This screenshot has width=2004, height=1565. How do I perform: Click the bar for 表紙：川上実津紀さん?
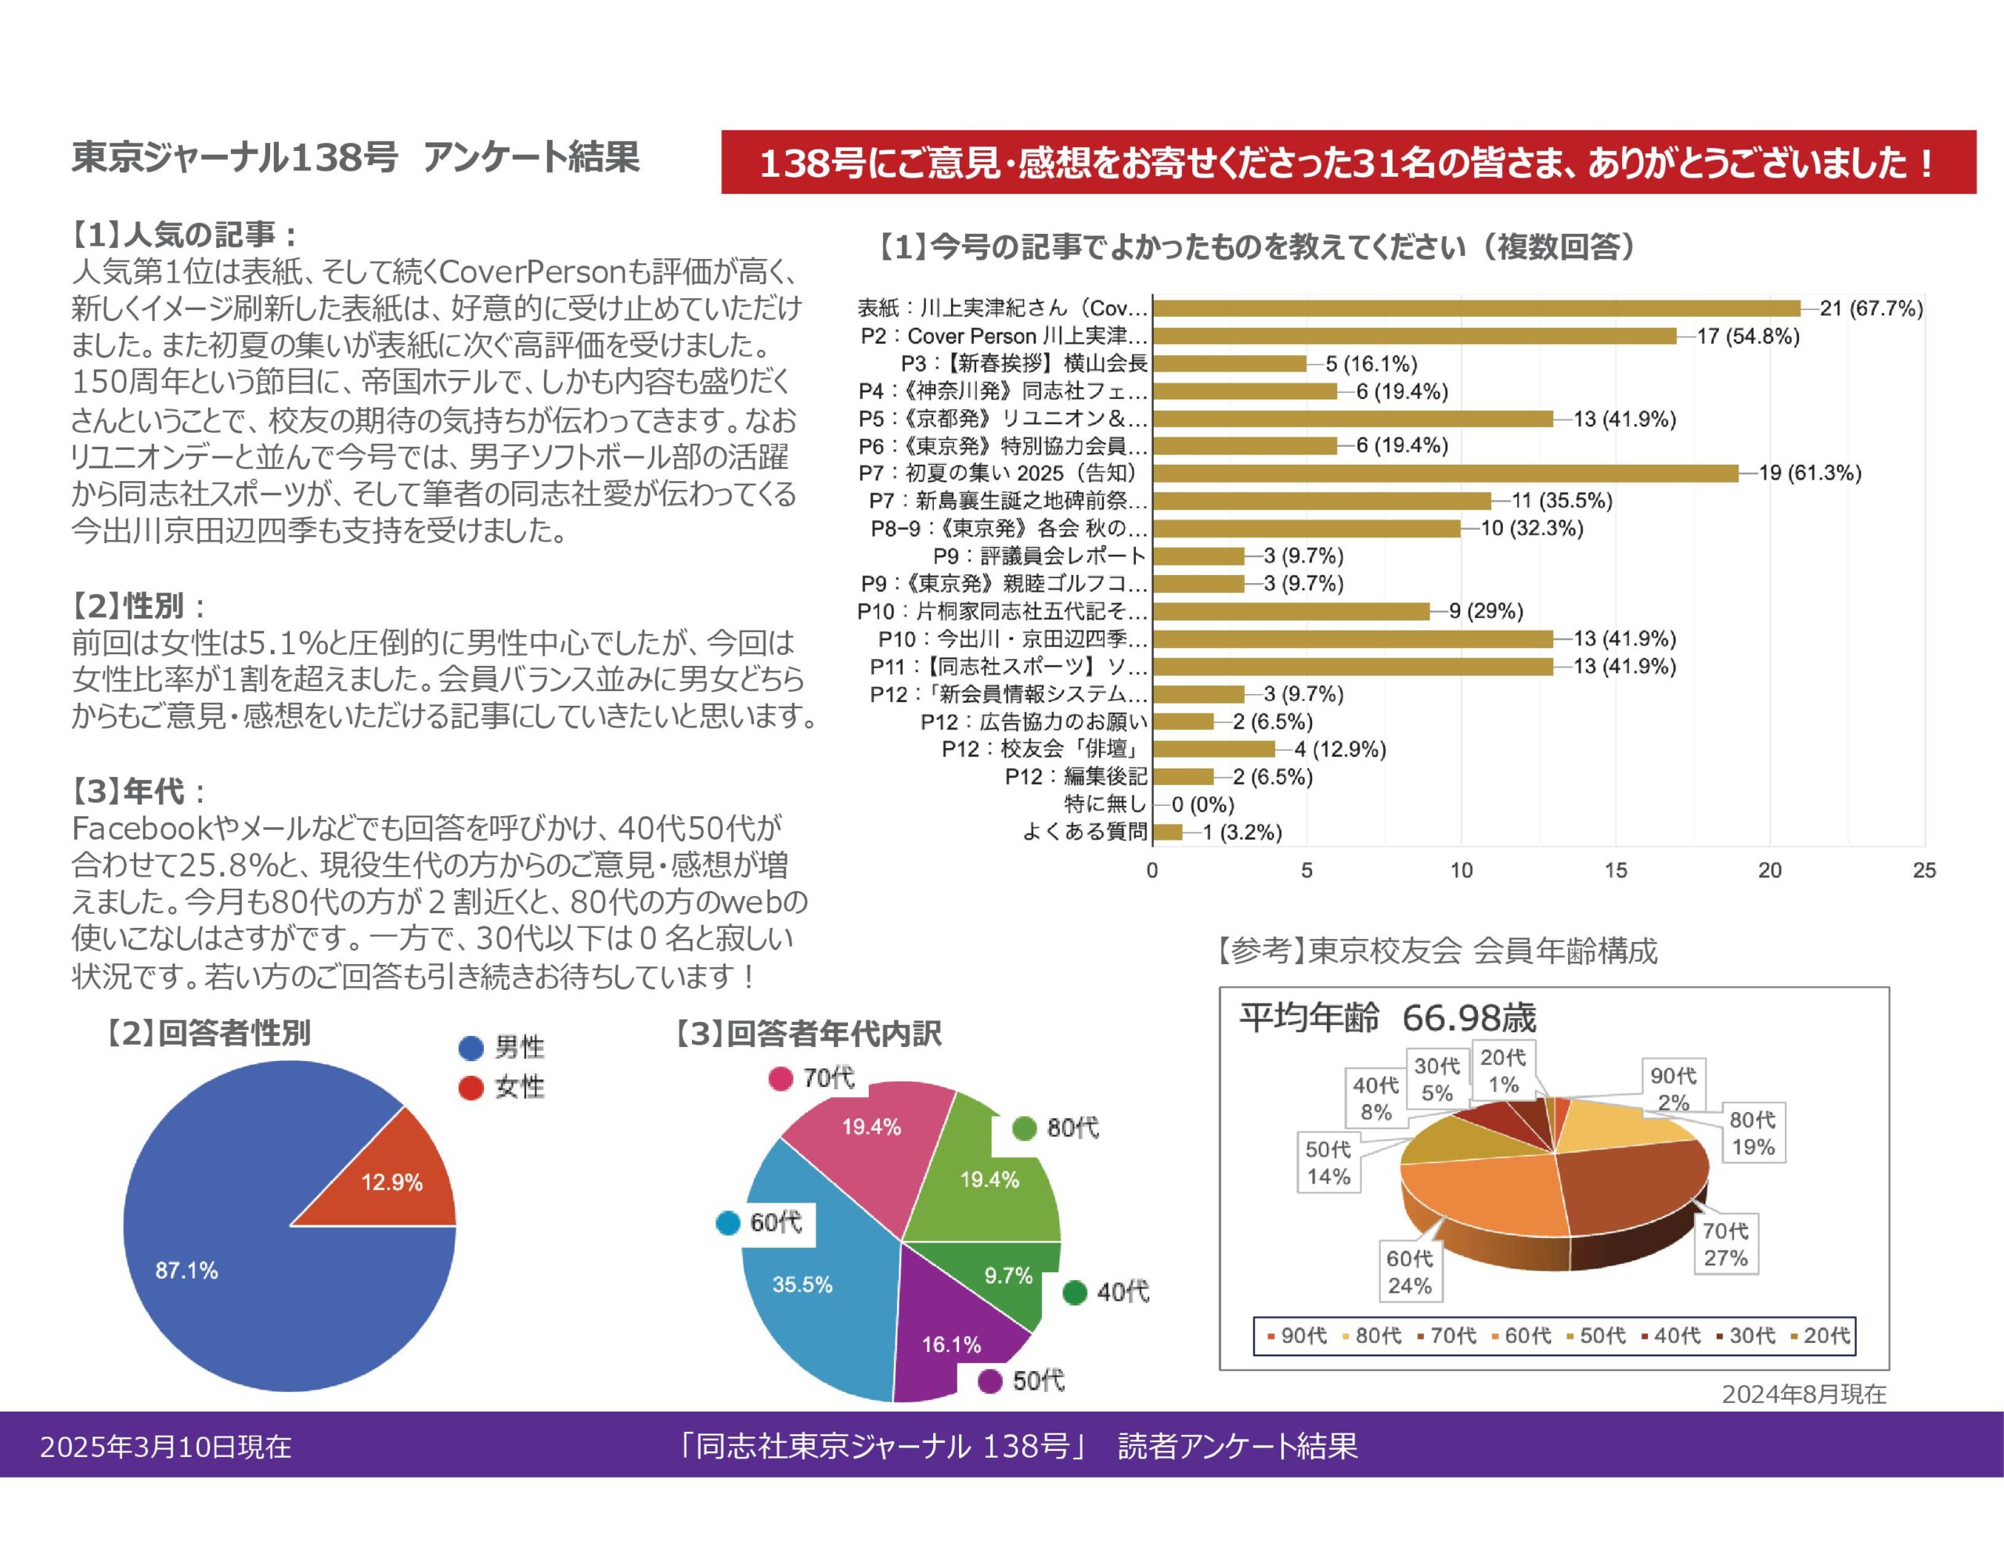[x=1476, y=308]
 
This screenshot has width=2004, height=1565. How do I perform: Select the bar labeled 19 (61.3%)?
[x=1445, y=473]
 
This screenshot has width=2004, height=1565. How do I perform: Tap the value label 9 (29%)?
[x=1486, y=611]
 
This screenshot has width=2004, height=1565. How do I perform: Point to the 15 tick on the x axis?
[x=1615, y=871]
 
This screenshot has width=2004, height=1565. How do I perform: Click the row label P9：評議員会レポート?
[x=1039, y=556]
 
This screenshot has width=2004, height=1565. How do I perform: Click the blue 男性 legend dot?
[x=470, y=1048]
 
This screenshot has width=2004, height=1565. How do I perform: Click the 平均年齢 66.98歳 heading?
[x=1386, y=1018]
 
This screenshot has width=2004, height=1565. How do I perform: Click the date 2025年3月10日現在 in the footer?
[x=165, y=1447]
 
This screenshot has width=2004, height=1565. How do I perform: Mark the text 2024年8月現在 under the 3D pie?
[x=1803, y=1394]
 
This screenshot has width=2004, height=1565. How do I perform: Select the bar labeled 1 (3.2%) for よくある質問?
[x=1167, y=832]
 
